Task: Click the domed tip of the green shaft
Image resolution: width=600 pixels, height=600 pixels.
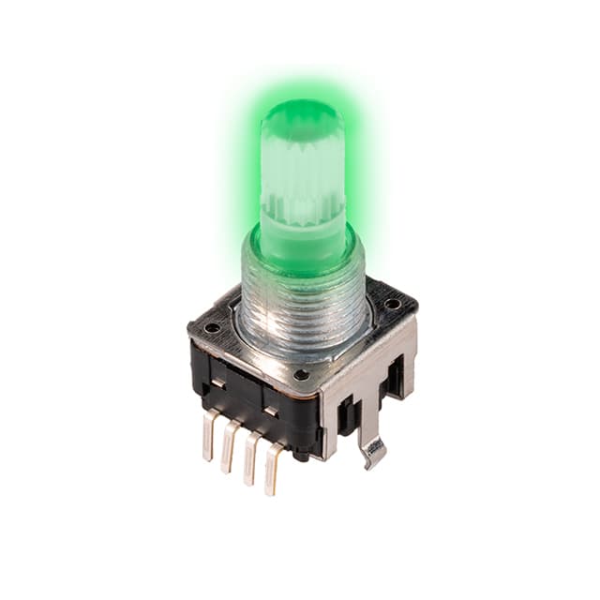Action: coord(301,117)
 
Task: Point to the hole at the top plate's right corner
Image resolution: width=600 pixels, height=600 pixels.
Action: coord(392,304)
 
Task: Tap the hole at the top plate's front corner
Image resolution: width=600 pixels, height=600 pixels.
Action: coord(301,374)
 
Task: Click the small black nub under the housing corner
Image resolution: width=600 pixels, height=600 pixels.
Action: coord(302,456)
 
